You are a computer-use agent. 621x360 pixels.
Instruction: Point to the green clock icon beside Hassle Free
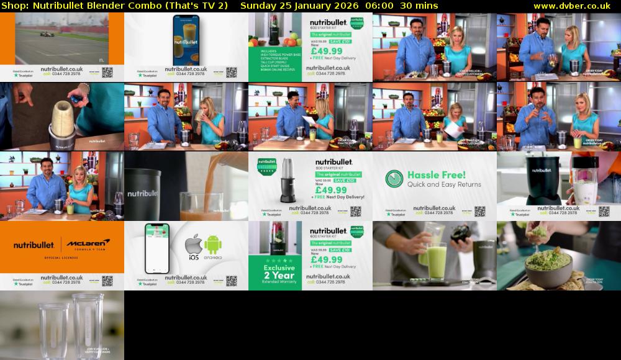click(394, 179)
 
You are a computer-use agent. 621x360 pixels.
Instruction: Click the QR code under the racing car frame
click(107, 73)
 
